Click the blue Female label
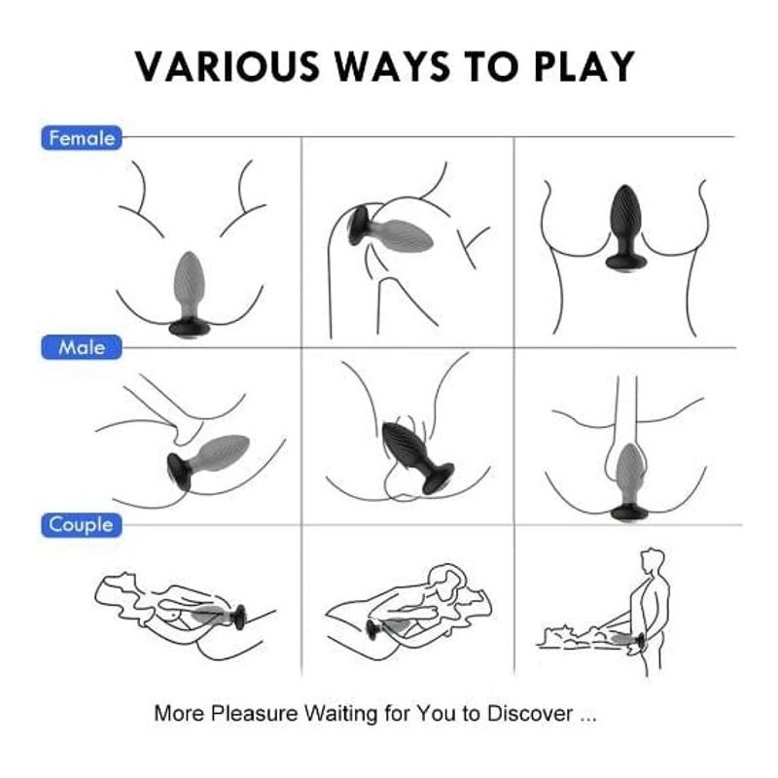(82, 138)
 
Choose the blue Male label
(82, 347)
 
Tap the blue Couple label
(82, 525)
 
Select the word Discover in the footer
(532, 713)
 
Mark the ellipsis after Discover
(587, 716)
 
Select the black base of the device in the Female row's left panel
(190, 325)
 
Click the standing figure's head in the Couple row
(654, 562)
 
